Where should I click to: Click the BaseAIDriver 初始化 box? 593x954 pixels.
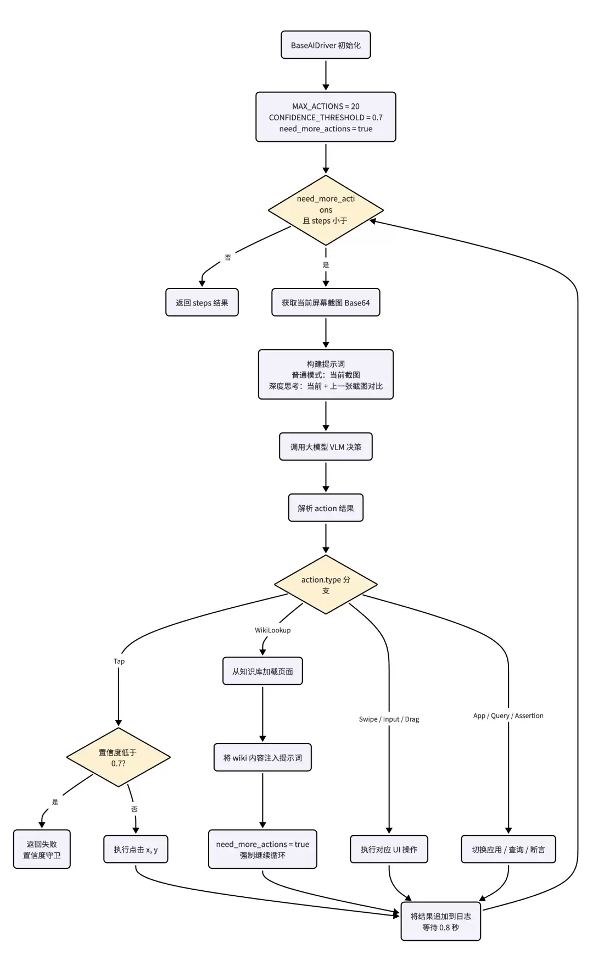point(326,45)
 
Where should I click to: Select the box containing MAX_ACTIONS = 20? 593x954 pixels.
point(326,117)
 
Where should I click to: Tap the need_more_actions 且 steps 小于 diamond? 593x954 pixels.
point(326,210)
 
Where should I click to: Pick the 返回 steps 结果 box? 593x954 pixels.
point(202,302)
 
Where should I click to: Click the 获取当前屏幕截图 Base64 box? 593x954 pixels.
point(326,302)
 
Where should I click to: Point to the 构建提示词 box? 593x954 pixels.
point(326,374)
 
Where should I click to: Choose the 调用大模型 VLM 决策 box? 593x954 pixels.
point(326,447)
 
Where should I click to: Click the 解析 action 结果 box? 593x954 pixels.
point(326,508)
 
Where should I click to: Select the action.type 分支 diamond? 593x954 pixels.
point(326,585)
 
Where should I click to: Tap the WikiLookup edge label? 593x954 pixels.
point(272,630)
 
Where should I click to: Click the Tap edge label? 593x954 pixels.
point(119,661)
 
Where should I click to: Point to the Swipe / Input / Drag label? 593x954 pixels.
point(389,719)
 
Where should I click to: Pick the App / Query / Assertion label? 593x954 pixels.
point(508,715)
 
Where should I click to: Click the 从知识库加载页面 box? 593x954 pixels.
point(262,671)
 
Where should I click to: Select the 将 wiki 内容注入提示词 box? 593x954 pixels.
point(262,757)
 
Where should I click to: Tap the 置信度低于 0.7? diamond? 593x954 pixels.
point(118,757)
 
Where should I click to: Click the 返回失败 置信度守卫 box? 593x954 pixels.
point(42,849)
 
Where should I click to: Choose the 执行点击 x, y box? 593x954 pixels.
point(136,849)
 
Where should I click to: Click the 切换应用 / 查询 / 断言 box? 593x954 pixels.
point(508,849)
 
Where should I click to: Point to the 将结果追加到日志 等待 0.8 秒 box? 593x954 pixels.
point(440,921)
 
